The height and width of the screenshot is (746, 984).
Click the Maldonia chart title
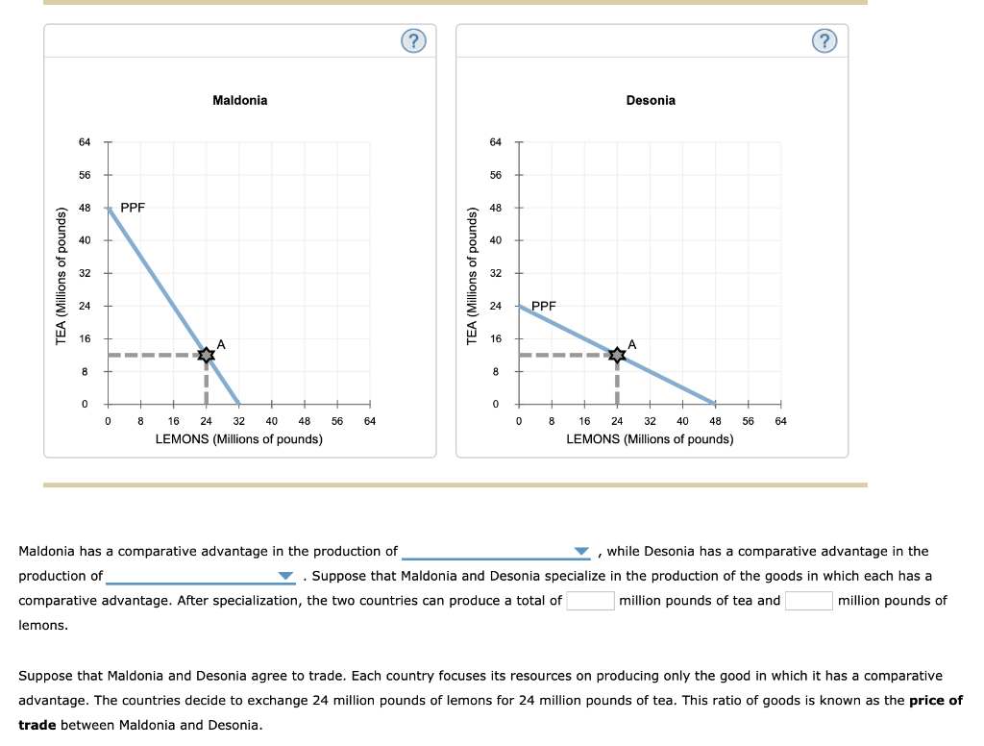tap(239, 100)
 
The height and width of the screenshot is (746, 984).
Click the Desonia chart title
tap(651, 100)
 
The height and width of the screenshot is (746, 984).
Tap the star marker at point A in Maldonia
tap(206, 355)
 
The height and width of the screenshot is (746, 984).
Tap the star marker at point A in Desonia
tap(617, 355)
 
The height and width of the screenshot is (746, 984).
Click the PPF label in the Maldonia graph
tap(133, 207)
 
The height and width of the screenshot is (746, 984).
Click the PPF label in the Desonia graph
tap(544, 306)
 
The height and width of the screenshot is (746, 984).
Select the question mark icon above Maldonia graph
tap(412, 40)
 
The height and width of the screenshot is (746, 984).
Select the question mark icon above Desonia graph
tap(824, 40)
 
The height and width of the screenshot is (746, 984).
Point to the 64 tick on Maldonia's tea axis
tap(85, 142)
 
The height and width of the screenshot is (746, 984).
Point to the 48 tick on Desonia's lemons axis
tap(715, 420)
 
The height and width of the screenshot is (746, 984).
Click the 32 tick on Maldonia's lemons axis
tap(238, 420)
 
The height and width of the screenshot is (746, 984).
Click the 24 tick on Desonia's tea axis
tap(496, 306)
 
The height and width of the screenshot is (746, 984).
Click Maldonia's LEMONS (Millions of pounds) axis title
tap(239, 438)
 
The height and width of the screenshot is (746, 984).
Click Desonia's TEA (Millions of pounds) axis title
tap(472, 274)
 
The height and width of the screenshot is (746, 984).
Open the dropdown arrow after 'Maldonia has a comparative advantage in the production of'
tap(580, 552)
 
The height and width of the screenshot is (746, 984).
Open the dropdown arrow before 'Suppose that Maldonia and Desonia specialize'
tap(284, 577)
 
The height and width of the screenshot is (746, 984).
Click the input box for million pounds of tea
tap(590, 601)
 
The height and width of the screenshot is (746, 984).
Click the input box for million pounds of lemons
tap(808, 601)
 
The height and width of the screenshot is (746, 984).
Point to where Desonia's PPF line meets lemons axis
tap(715, 403)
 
